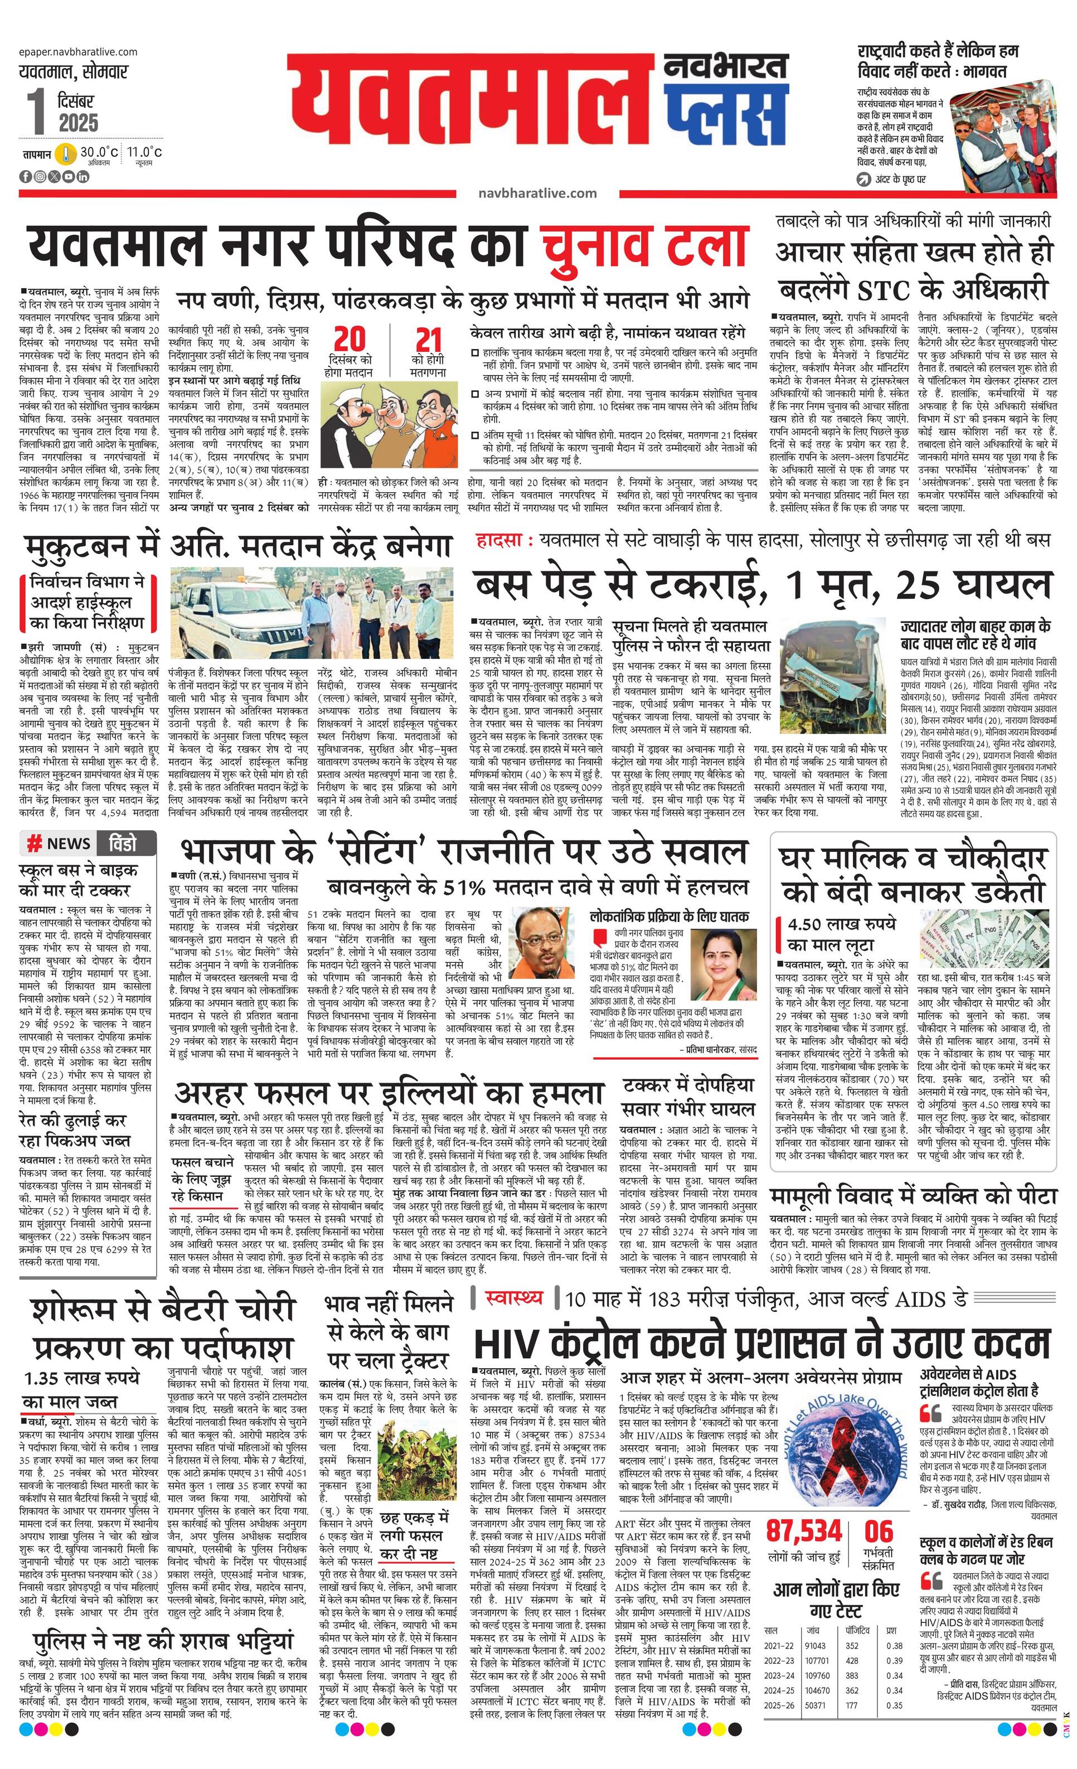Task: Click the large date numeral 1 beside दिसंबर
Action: click(x=35, y=112)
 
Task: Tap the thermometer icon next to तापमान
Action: click(x=66, y=154)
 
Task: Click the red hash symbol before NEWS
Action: click(x=33, y=844)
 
